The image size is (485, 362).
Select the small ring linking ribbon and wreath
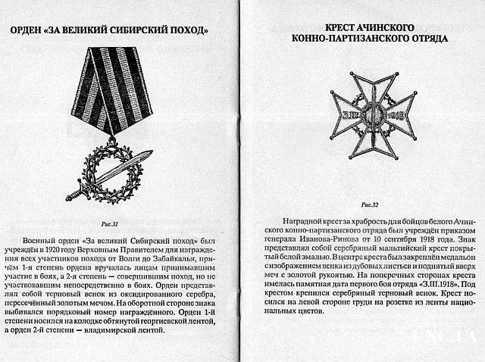tap(111, 141)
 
